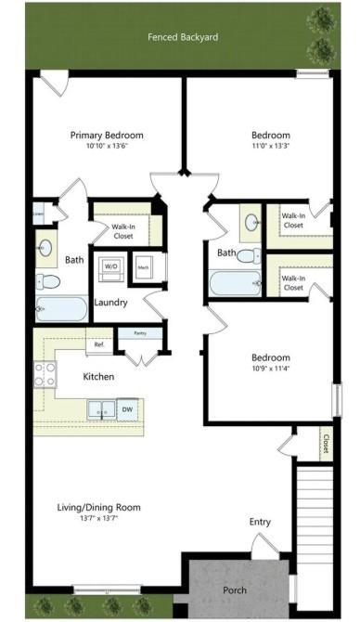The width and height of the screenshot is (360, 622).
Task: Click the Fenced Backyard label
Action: click(x=183, y=38)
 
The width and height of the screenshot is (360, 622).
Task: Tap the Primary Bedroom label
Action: click(x=107, y=135)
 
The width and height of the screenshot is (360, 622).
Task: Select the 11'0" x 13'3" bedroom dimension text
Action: click(x=271, y=146)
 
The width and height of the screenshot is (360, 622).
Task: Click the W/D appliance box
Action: click(x=110, y=266)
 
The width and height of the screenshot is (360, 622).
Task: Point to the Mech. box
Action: click(x=144, y=266)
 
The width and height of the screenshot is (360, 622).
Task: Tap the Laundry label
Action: click(x=111, y=303)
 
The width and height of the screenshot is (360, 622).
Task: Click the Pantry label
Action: click(x=141, y=332)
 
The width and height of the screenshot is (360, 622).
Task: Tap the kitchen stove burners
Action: click(x=45, y=374)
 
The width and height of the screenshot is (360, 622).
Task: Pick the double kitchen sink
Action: click(x=101, y=408)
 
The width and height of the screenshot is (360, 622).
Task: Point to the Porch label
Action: click(x=235, y=589)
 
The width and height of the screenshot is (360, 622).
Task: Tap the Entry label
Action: click(x=261, y=523)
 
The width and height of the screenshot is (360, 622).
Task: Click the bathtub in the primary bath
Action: click(x=61, y=309)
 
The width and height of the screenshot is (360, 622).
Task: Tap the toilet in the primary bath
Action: click(x=48, y=281)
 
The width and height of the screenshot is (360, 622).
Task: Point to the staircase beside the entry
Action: click(x=314, y=520)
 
